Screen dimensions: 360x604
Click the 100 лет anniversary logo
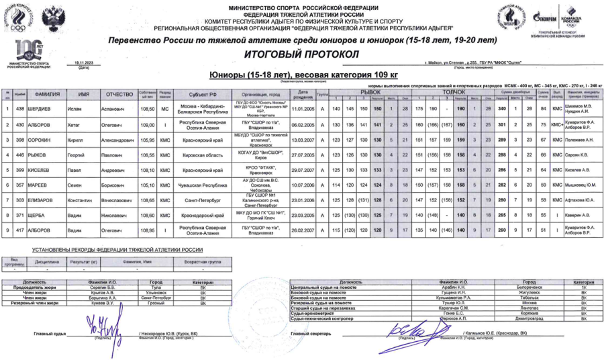click(28, 52)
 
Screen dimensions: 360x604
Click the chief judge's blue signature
click(101, 327)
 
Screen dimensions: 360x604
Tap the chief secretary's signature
click(411, 327)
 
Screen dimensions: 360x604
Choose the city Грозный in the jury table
click(155, 304)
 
